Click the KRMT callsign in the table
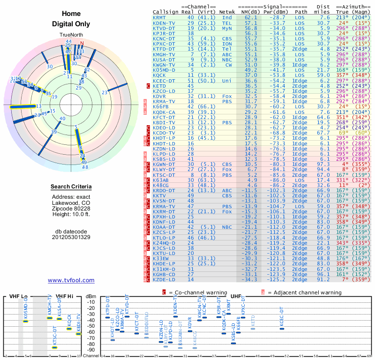pyautogui.click(x=159, y=17)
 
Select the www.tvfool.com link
pyautogui.click(x=71, y=280)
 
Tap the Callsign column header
pyautogui.click(x=165, y=12)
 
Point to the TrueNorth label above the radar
pyautogui.click(x=71, y=35)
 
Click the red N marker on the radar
pyautogui.click(x=82, y=44)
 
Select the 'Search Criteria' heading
pyautogui.click(x=71, y=187)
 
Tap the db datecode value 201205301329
pyautogui.click(x=71, y=237)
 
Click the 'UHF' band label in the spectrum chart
pyautogui.click(x=236, y=296)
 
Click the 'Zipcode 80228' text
pyautogui.click(x=71, y=208)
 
